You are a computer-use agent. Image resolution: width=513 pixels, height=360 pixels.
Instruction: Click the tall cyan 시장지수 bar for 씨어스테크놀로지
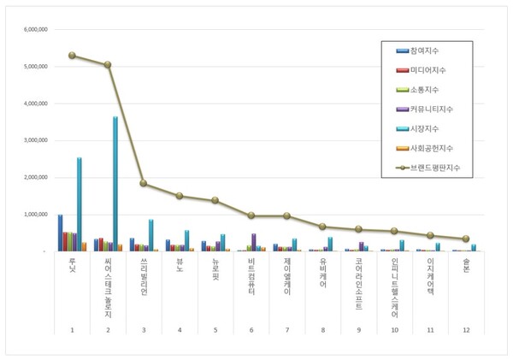115,184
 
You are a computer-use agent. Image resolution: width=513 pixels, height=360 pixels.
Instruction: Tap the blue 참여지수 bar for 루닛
60,233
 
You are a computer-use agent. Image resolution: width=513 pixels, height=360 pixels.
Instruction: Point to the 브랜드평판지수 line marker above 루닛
73,56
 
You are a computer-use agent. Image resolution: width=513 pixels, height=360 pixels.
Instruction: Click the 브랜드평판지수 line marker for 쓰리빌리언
144,183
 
